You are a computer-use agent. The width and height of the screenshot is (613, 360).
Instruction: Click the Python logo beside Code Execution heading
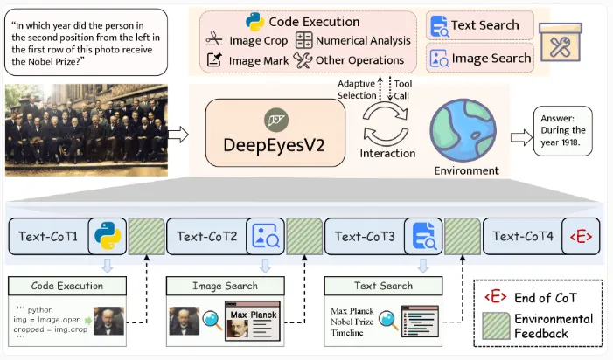tap(255, 21)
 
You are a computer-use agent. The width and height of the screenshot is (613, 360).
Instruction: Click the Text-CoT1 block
tap(50, 236)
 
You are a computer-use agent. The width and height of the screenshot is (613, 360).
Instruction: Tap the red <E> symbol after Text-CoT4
tap(578, 236)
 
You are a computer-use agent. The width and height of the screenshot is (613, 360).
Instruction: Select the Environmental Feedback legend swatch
tap(494, 326)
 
